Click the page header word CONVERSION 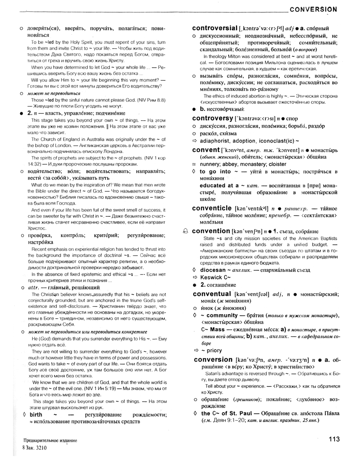[313, 9]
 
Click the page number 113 [334, 439]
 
